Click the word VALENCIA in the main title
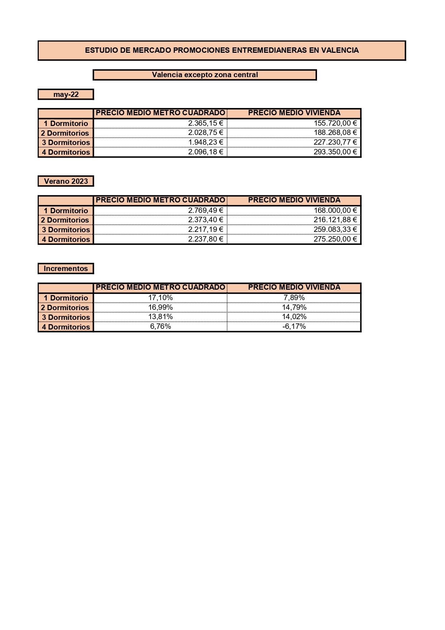pyautogui.click(x=340, y=50)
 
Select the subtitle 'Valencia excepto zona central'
pyautogui.click(x=205, y=75)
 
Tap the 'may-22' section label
pyautogui.click(x=66, y=94)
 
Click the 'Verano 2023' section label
pyautogui.click(x=66, y=181)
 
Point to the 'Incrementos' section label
pyautogui.click(x=66, y=269)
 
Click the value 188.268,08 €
pyautogui.click(x=335, y=133)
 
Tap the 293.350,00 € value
pyautogui.click(x=335, y=152)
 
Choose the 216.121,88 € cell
pyautogui.click(x=335, y=220)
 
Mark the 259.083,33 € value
pyautogui.click(x=335, y=229)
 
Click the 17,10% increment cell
pyautogui.click(x=160, y=298)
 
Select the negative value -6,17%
pyautogui.click(x=294, y=326)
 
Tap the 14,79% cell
pyautogui.click(x=294, y=307)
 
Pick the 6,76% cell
pyautogui.click(x=160, y=326)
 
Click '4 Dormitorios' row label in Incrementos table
pyautogui.click(x=66, y=327)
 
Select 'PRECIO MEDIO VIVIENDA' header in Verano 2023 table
pyautogui.click(x=294, y=200)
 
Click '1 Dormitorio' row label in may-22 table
pyautogui.click(x=66, y=123)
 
